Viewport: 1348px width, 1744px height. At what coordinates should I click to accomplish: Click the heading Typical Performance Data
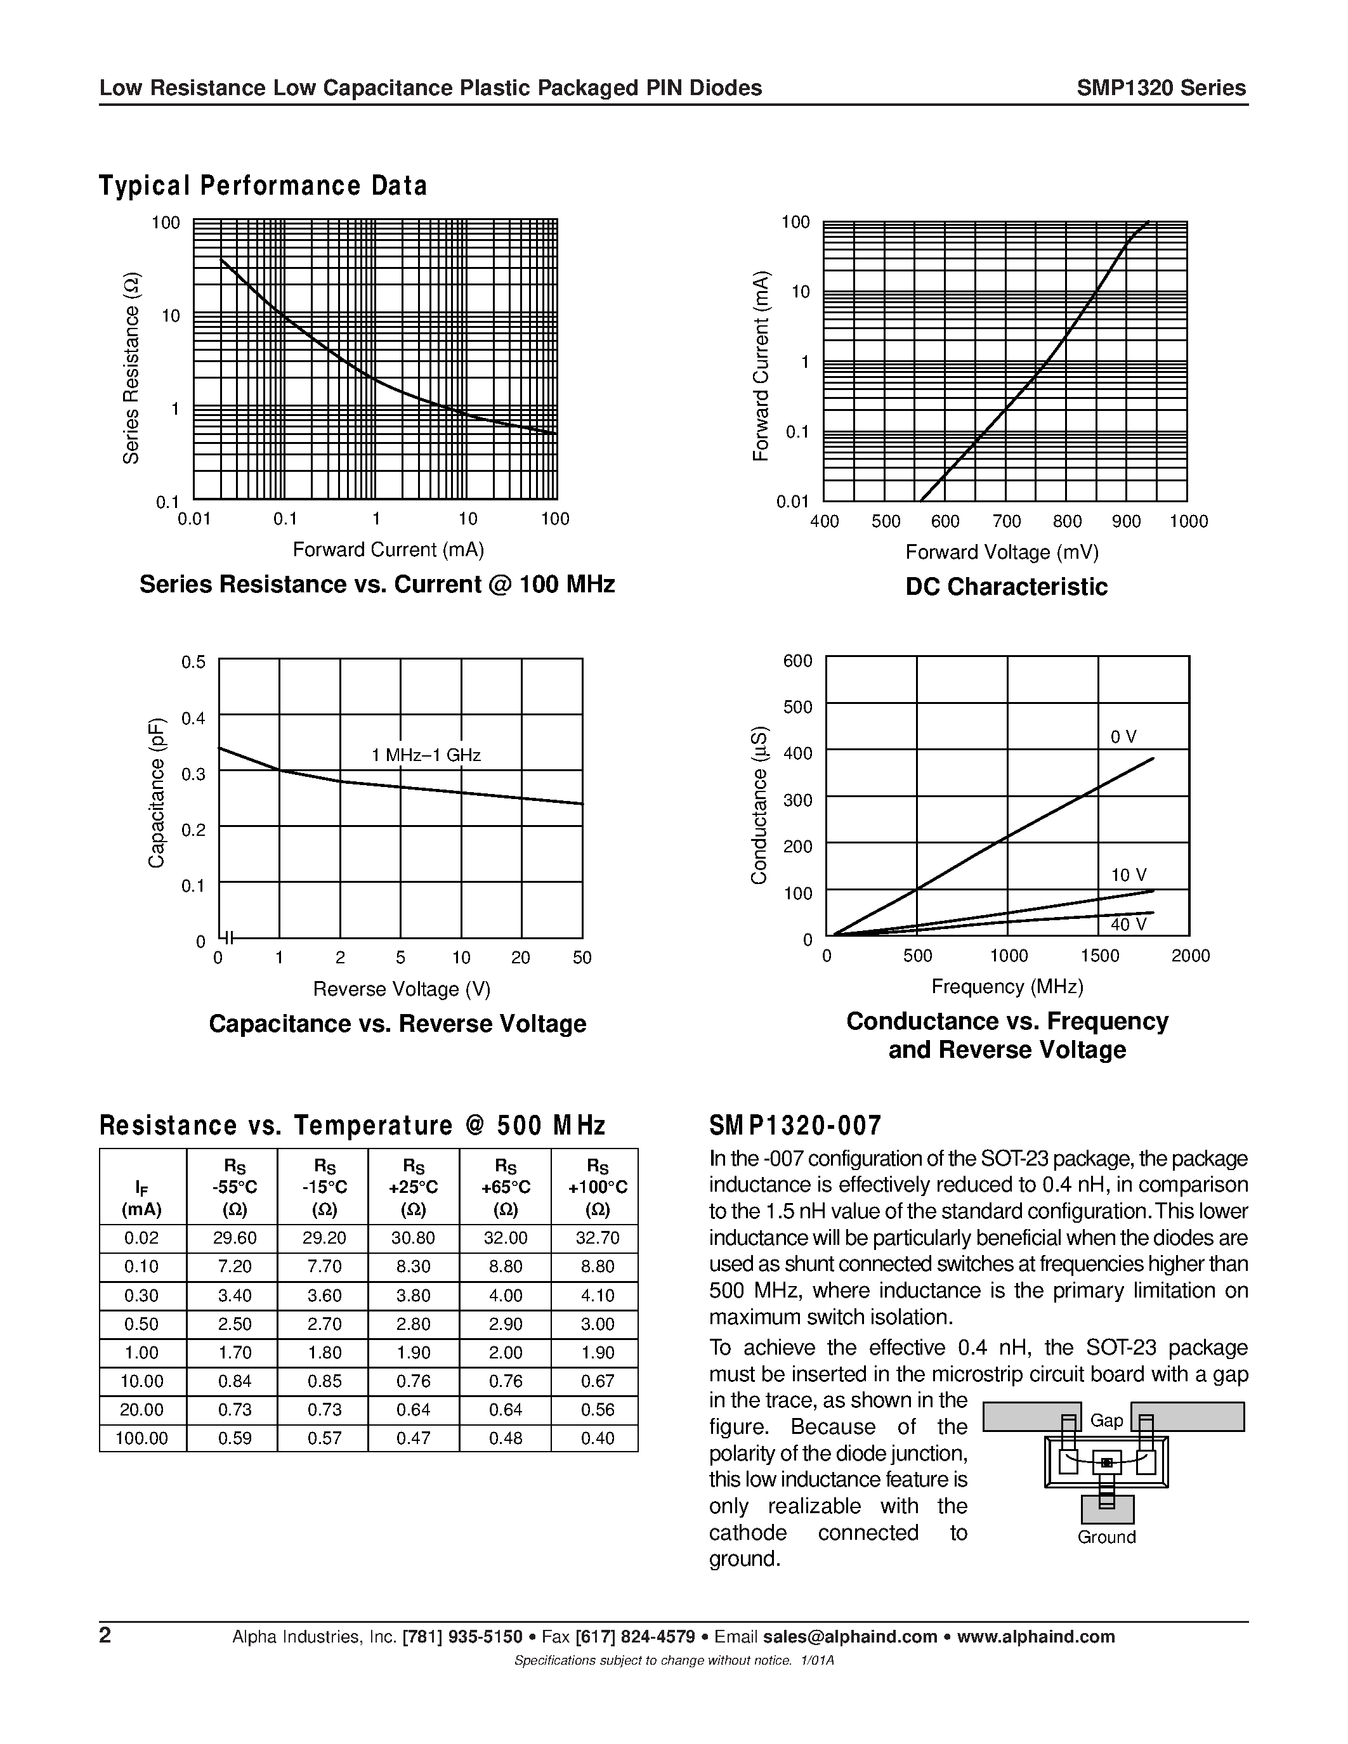coord(263,185)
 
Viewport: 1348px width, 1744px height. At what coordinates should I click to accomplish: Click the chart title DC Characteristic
coord(1006,587)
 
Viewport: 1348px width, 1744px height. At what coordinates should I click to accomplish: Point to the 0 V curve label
coord(1123,737)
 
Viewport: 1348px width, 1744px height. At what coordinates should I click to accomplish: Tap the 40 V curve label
coord(1129,925)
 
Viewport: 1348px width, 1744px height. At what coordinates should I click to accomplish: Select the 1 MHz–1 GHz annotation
coord(426,755)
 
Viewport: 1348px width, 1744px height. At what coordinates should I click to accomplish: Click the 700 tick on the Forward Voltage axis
coord(1006,521)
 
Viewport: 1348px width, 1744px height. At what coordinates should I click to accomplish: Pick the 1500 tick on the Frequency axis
coord(1099,956)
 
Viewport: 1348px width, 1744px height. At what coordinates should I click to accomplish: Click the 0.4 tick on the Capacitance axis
coord(193,718)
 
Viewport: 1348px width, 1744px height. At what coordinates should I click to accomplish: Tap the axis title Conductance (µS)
coord(759,805)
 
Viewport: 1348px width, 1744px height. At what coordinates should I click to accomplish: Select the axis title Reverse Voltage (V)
coord(402,989)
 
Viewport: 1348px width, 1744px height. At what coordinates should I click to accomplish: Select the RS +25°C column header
coord(414,1187)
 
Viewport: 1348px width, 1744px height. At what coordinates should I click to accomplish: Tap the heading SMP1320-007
coord(795,1126)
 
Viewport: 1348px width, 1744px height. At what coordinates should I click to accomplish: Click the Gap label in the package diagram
coord(1106,1421)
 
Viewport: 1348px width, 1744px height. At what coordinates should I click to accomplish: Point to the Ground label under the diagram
coord(1106,1537)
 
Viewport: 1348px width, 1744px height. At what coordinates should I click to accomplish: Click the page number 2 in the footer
coord(105,1636)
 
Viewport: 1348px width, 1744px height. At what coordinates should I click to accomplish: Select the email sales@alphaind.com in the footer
coord(849,1637)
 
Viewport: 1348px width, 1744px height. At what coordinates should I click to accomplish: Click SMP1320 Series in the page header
coord(1160,88)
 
